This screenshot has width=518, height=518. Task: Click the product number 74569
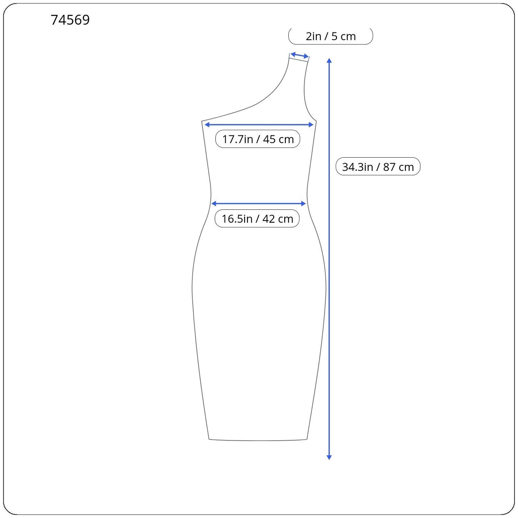point(70,20)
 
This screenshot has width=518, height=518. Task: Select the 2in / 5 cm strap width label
point(331,36)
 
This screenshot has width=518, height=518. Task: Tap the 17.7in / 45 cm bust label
point(258,139)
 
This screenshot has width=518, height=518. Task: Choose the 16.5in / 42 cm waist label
point(257,219)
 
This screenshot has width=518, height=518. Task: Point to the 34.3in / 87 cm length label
point(378,166)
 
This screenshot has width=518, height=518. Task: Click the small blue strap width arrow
point(299,55)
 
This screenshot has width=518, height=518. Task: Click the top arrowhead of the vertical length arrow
point(329,61)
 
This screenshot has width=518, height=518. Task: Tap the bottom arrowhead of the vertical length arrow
point(329,457)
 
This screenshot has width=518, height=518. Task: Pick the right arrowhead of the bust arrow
point(311,125)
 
